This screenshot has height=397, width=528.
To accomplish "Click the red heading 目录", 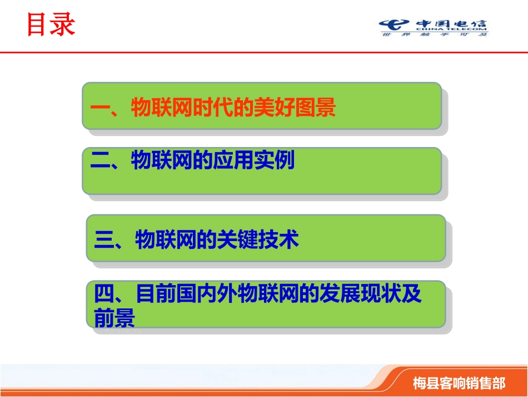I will [51, 25].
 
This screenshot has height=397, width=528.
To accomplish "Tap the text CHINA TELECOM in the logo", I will [450, 29].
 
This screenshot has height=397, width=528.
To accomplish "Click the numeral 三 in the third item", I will [104, 240].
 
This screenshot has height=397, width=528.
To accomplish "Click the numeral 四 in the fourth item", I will [104, 295].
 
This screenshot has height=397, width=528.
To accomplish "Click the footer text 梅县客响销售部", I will [459, 383].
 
